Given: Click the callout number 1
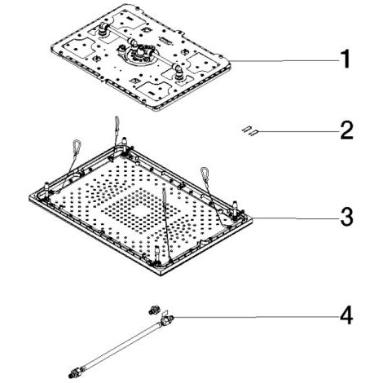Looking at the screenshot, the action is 346,59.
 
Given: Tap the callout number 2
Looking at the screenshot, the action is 347,130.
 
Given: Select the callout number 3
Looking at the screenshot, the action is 347,217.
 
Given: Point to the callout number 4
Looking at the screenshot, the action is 346,315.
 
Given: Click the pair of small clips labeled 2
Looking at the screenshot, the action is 249,131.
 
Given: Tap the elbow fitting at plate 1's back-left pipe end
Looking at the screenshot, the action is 103,27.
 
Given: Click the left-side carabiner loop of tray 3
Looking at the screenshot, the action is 77,146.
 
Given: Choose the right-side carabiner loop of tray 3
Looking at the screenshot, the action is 205,174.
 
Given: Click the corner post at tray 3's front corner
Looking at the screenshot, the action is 157,253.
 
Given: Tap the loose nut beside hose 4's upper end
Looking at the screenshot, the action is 153,310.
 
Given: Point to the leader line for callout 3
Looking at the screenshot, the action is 295,218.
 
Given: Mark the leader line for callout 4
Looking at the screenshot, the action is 256,317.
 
